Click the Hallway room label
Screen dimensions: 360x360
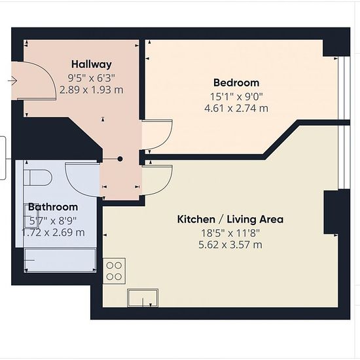[x=92, y=64]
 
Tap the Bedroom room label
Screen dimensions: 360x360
[x=236, y=82]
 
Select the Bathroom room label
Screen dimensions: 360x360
[x=53, y=207]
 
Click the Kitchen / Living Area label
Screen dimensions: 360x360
[x=230, y=219]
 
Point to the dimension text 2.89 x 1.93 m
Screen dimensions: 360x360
[x=92, y=90]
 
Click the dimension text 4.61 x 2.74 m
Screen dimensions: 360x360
[x=236, y=108]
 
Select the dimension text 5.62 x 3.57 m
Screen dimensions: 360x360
[x=230, y=245]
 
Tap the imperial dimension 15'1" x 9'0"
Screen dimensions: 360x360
[x=236, y=97]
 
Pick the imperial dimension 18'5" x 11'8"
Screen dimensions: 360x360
[x=230, y=233]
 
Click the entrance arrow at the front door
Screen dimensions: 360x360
[x=12, y=81]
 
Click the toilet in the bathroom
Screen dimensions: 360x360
[x=38, y=177]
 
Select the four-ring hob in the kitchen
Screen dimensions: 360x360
[x=114, y=271]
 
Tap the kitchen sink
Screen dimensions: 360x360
[x=143, y=298]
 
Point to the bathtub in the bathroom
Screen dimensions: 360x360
[x=60, y=261]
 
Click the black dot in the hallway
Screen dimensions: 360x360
[x=120, y=159]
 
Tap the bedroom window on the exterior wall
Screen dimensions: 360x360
[x=344, y=88]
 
